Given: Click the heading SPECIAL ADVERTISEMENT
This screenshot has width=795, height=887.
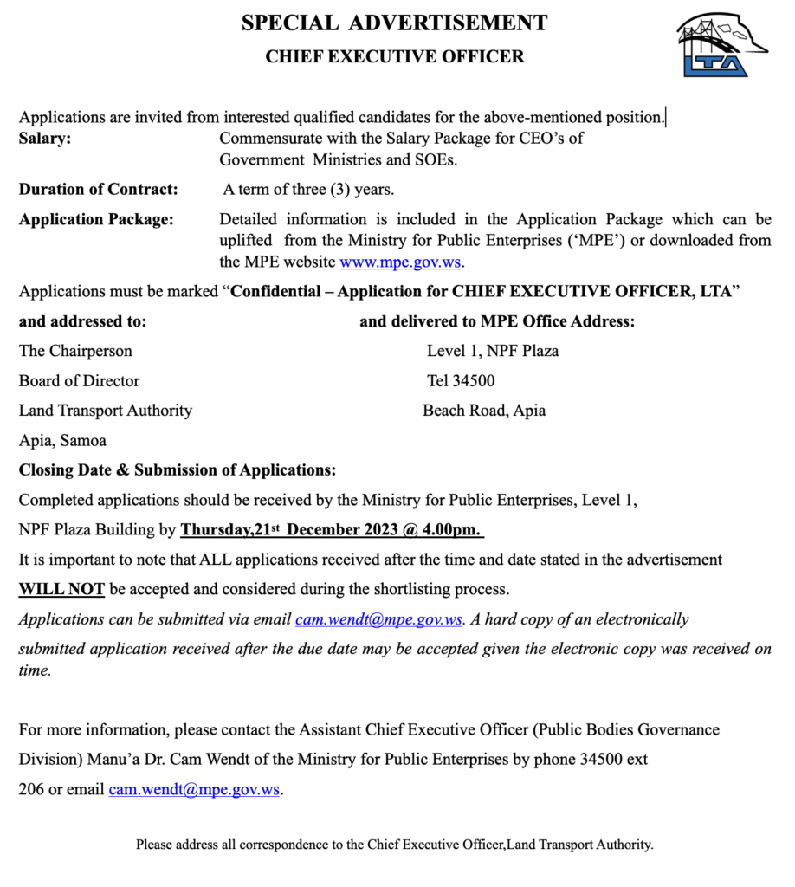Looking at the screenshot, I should point(394,23).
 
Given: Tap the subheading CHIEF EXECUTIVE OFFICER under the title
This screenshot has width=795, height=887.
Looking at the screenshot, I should point(394,57).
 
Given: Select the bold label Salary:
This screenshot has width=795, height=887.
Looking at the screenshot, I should point(46,139).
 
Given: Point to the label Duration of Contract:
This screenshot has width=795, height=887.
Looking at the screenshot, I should point(99,189).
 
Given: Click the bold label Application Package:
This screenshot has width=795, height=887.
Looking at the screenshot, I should point(96,219).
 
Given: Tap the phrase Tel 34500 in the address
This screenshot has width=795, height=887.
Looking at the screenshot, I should point(461,380).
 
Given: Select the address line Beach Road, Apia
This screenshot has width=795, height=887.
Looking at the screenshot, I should point(484,411).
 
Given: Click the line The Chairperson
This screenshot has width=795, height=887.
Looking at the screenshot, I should point(75,351).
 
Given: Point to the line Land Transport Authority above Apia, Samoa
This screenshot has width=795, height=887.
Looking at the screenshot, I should point(106,411).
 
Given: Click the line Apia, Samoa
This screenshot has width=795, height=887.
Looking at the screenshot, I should point(62,441).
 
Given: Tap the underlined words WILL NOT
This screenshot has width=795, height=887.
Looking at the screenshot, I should point(61,590).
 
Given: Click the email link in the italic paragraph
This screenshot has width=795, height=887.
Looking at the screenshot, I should point(378,619).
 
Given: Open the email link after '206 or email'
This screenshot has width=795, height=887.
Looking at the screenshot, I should point(194,790).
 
